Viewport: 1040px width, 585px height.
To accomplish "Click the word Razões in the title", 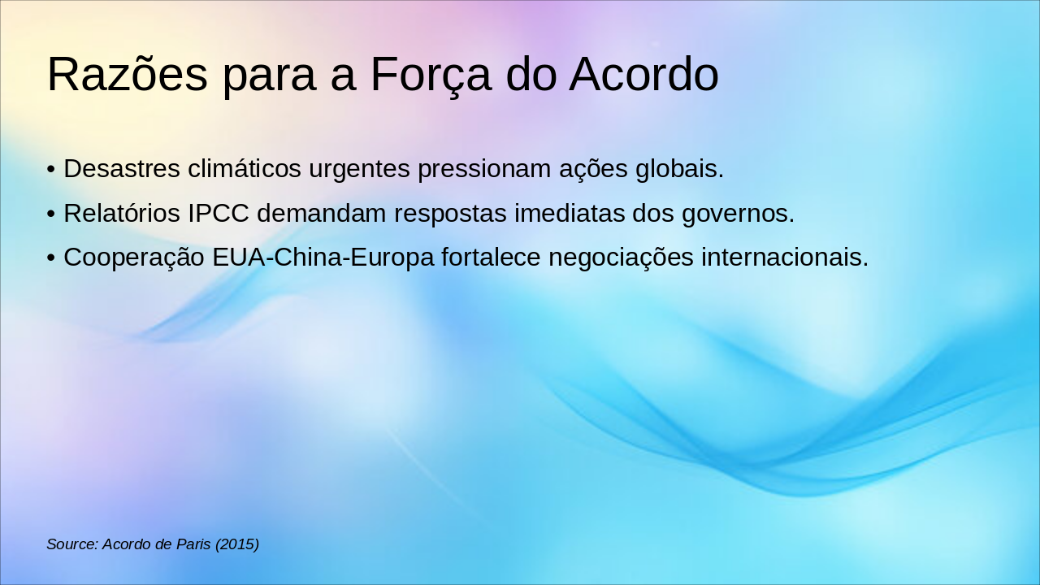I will [x=128, y=75].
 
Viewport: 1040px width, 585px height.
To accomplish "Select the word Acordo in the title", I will [x=643, y=75].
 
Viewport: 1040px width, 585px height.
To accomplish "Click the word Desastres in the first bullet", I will [x=122, y=169].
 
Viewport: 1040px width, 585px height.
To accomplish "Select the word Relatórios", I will [x=122, y=214].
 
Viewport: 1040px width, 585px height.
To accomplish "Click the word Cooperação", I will [x=134, y=258].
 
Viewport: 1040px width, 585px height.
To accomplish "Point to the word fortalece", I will [x=492, y=258].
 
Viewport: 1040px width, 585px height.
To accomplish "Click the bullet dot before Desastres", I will [x=51, y=170].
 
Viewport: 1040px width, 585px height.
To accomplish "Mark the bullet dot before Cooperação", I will [x=51, y=258].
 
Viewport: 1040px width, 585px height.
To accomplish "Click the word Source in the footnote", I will [x=71, y=544].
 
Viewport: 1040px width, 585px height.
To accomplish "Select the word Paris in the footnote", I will [x=193, y=544].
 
